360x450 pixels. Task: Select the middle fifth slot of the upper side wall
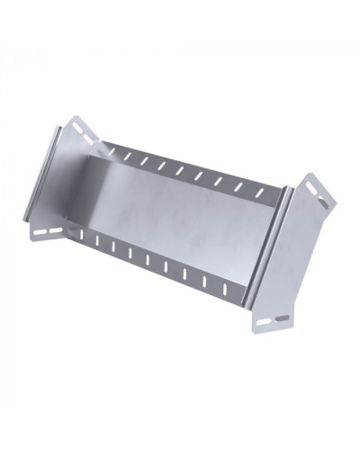point(179,171)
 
